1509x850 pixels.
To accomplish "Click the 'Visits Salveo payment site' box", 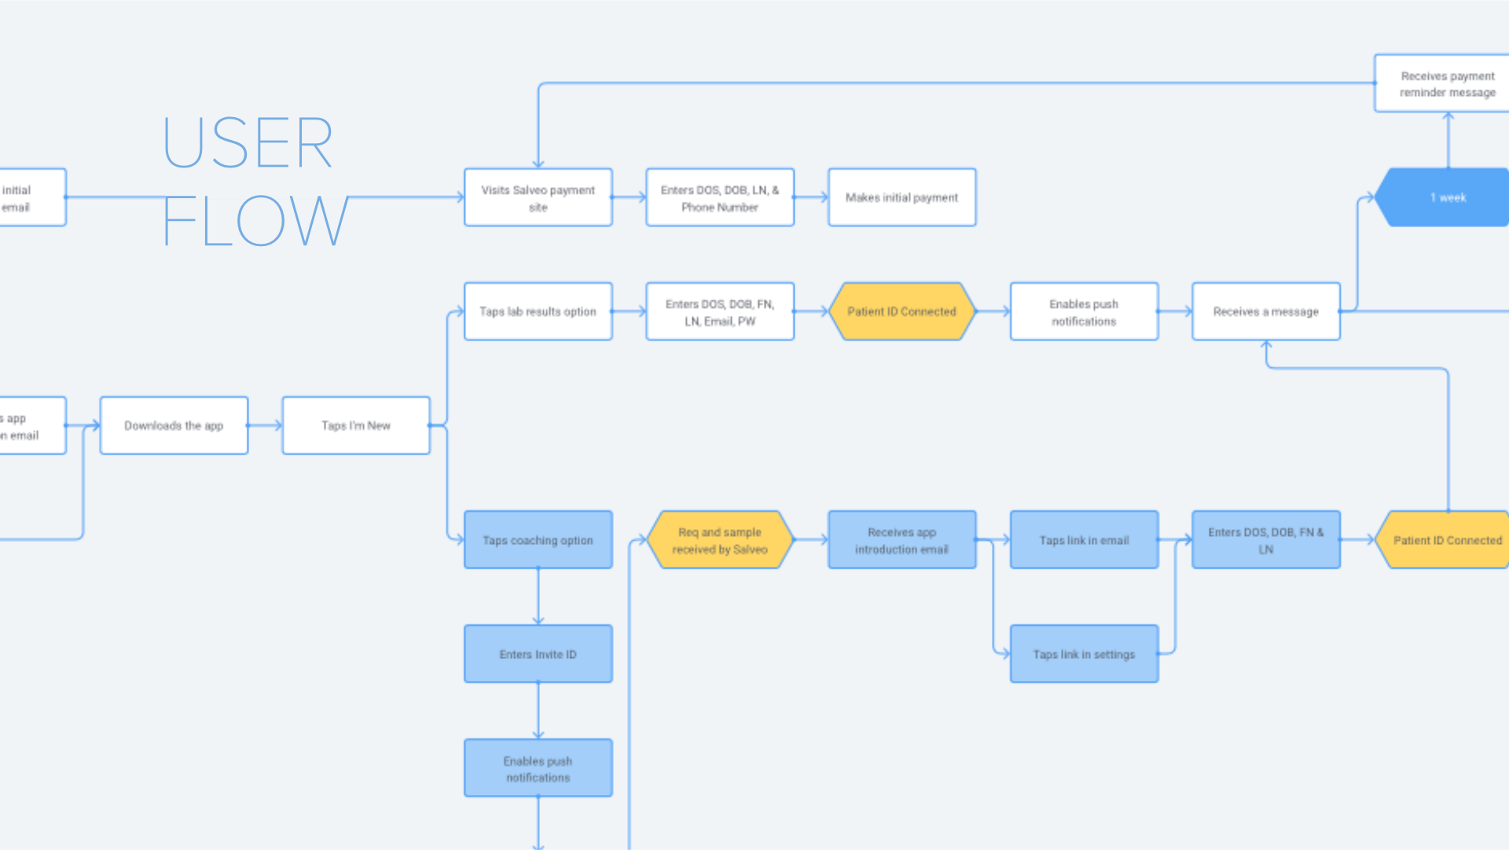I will (538, 197).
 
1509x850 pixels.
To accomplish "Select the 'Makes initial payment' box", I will (901, 197).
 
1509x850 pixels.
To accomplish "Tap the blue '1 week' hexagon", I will (1446, 197).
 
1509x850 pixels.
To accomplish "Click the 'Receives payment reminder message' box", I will (1446, 83).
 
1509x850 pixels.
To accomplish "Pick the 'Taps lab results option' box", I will (538, 311).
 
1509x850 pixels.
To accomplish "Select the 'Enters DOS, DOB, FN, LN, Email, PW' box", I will (719, 311).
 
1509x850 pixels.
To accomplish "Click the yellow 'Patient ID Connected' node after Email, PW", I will (901, 311).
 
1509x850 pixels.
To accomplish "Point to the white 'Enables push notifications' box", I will (1084, 311).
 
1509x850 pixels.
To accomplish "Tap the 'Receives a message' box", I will (1265, 311).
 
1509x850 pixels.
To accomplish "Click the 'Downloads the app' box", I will (174, 425).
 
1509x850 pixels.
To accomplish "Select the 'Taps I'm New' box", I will (355, 425).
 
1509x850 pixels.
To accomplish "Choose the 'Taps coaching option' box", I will (538, 540).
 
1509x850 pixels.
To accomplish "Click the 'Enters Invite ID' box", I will (538, 654).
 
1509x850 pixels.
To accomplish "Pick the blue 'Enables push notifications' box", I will (538, 768).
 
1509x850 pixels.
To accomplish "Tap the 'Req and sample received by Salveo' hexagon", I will (719, 540).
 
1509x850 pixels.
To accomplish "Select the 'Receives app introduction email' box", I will (901, 540).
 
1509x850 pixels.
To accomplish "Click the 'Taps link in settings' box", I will (1084, 654).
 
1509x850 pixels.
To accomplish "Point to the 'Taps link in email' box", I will (1084, 540).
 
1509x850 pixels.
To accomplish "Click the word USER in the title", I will (248, 143).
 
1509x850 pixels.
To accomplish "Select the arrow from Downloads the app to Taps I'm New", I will (265, 425).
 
